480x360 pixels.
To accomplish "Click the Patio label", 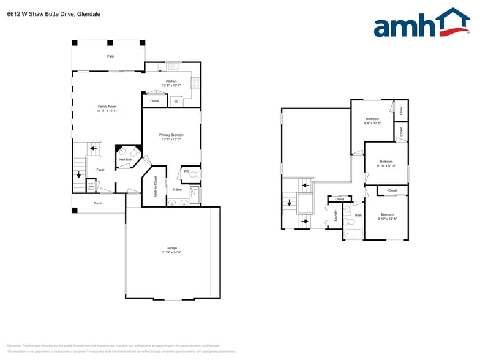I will coord(111,56).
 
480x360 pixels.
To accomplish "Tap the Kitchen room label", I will coord(171,81).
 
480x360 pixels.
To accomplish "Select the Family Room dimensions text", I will coord(107,111).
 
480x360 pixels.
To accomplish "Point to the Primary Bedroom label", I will coord(171,135).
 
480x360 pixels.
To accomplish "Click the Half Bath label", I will coord(126,160).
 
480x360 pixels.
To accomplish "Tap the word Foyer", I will coord(100,170).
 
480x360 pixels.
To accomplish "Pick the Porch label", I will coord(97,203).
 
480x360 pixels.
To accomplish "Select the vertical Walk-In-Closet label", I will coord(156,186).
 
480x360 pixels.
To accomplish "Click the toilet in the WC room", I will coord(195,175).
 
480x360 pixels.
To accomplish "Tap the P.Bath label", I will coord(178,189).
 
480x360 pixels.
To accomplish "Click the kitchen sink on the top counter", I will coord(173,66).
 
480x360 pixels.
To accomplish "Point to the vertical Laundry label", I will coord(336,216).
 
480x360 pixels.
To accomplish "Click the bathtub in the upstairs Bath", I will coord(353,233).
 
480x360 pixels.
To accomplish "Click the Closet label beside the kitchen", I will coord(155,101).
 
